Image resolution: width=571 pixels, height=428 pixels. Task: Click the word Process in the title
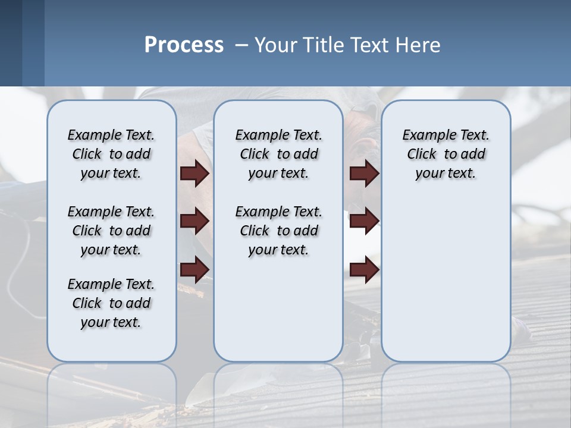(184, 45)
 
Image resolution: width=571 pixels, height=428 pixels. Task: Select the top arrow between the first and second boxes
(194, 174)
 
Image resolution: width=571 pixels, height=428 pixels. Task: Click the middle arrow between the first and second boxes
(194, 221)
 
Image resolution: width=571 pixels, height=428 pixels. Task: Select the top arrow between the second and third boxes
(364, 174)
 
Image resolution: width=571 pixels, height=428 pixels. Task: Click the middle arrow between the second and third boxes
(364, 221)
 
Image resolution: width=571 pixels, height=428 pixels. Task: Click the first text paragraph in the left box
(111, 154)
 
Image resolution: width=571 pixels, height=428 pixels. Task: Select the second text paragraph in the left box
(111, 231)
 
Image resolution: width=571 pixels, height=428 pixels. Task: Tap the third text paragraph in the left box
(111, 303)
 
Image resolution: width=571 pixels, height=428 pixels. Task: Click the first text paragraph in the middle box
(278, 154)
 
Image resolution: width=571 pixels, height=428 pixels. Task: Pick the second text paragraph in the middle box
(278, 231)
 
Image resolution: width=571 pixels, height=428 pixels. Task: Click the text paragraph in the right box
(445, 154)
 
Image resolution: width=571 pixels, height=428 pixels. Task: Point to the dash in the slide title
(241, 46)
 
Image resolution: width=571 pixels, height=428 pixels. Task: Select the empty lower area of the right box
(445, 279)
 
